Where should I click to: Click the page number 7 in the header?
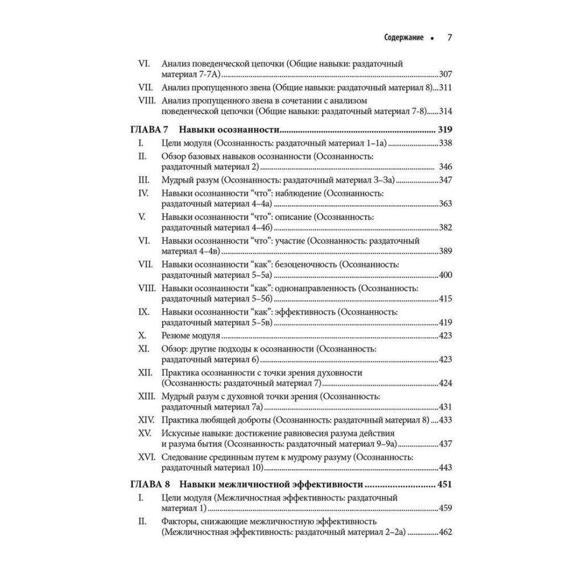point(449,38)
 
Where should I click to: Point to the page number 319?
point(444,129)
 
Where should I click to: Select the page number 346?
point(446,167)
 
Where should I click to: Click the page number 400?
point(446,275)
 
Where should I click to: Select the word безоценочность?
point(307,265)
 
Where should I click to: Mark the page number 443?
point(446,467)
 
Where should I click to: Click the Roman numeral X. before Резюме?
point(143,335)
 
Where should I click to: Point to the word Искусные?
point(180,433)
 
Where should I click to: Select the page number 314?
point(446,111)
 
